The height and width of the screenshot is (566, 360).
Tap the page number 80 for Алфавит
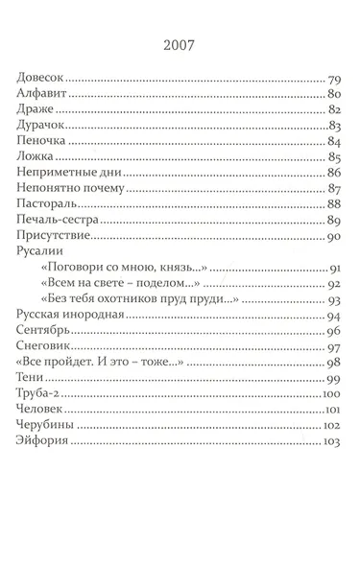point(335,94)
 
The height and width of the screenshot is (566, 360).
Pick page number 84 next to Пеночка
point(335,141)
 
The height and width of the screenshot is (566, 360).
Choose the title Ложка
point(34,156)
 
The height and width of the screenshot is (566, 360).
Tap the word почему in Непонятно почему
point(105,188)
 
